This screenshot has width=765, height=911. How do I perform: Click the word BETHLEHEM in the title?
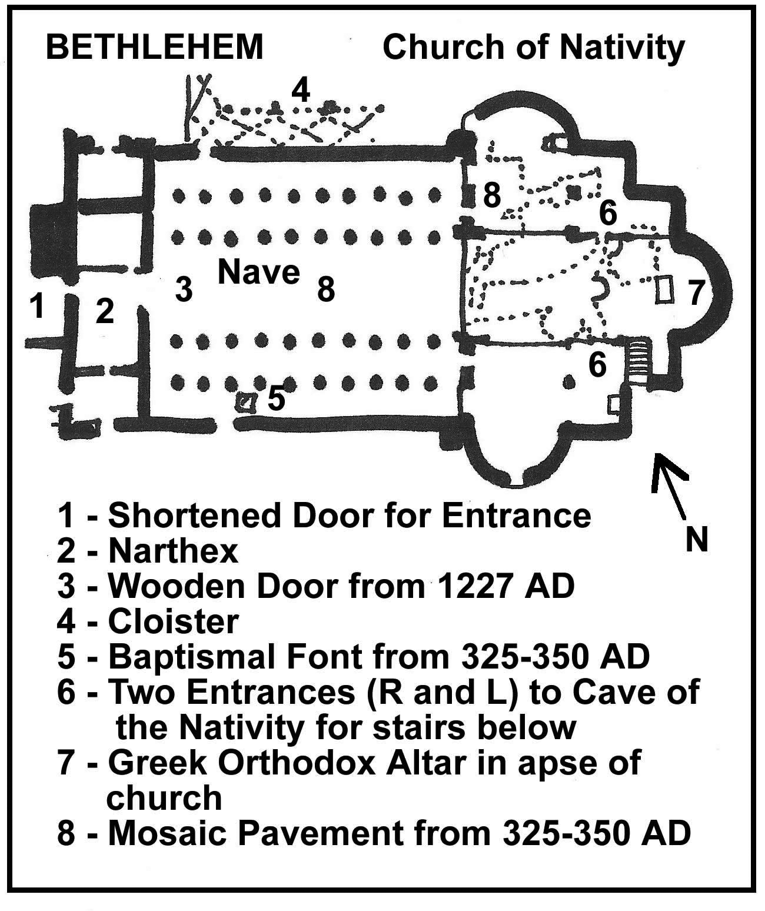(155, 46)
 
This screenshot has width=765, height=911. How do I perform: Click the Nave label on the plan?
(259, 272)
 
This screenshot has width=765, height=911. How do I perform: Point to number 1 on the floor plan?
(36, 305)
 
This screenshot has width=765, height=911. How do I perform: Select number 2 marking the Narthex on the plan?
(105, 311)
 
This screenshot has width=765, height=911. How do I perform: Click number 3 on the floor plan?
(184, 290)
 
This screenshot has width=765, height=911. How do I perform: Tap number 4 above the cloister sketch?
(301, 89)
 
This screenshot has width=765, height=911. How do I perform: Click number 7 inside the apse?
(697, 292)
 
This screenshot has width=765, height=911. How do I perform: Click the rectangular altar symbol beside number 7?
(664, 289)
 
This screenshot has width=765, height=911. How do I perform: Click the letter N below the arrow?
(696, 539)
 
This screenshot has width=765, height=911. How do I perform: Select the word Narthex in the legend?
(173, 551)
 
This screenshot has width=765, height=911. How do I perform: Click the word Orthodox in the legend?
(297, 763)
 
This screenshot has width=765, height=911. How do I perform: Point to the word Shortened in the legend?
(195, 516)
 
